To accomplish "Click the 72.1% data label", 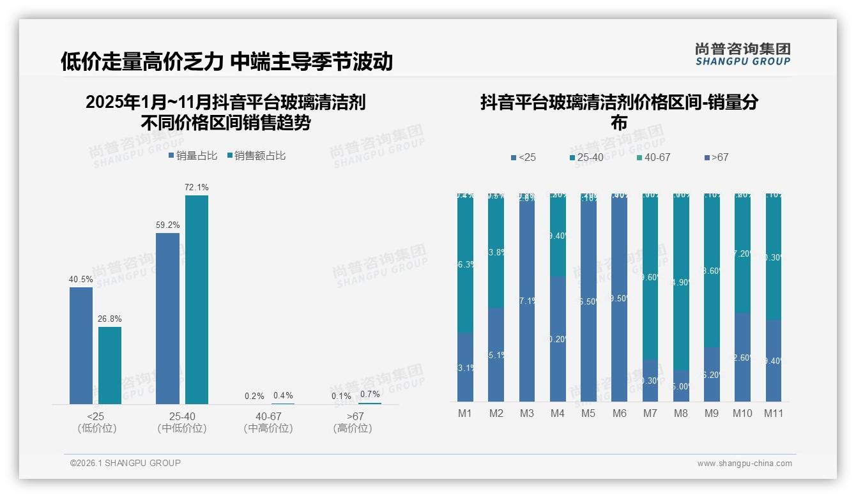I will (196, 187).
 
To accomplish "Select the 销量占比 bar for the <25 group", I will (81, 345).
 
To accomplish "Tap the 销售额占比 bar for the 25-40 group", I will (196, 299).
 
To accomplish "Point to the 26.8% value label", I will (110, 319).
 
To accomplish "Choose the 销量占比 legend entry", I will (193, 155).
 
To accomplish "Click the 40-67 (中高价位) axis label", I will (268, 422).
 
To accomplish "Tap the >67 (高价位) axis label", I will (353, 422).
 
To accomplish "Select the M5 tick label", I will (588, 413).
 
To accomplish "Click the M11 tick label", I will (774, 413).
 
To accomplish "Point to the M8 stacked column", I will (681, 298).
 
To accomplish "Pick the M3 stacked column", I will (526, 298).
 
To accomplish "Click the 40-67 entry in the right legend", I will (653, 157).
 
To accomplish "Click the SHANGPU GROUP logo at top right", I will (742, 54).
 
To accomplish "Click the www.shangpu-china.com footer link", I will (744, 464).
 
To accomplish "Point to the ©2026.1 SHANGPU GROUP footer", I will (125, 463).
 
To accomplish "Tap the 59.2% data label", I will (167, 225).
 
